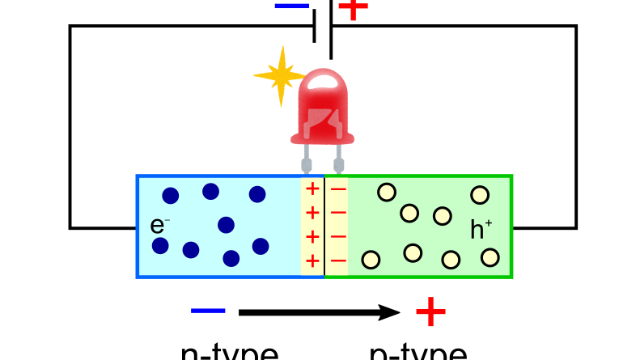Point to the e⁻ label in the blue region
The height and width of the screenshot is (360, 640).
pyautogui.click(x=159, y=226)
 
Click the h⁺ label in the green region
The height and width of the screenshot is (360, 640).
pyautogui.click(x=481, y=230)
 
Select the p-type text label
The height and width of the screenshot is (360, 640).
pyautogui.click(x=417, y=352)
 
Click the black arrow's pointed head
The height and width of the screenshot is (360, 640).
pyautogui.click(x=392, y=312)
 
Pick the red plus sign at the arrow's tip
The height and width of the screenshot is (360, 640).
pyautogui.click(x=430, y=311)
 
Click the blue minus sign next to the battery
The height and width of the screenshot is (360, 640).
pyautogui.click(x=291, y=6)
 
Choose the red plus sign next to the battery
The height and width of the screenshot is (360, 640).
pyautogui.click(x=353, y=8)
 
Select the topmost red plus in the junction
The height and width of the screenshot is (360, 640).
pyautogui.click(x=312, y=191)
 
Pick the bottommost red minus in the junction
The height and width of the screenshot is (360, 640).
pyautogui.click(x=339, y=260)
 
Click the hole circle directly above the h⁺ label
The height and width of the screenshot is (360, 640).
pyautogui.click(x=480, y=195)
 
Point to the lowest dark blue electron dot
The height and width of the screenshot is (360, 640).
pyautogui.click(x=231, y=258)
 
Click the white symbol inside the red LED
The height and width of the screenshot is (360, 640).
pyautogui.click(x=324, y=118)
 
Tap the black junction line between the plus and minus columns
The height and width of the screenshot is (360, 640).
pyautogui.click(x=324, y=227)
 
